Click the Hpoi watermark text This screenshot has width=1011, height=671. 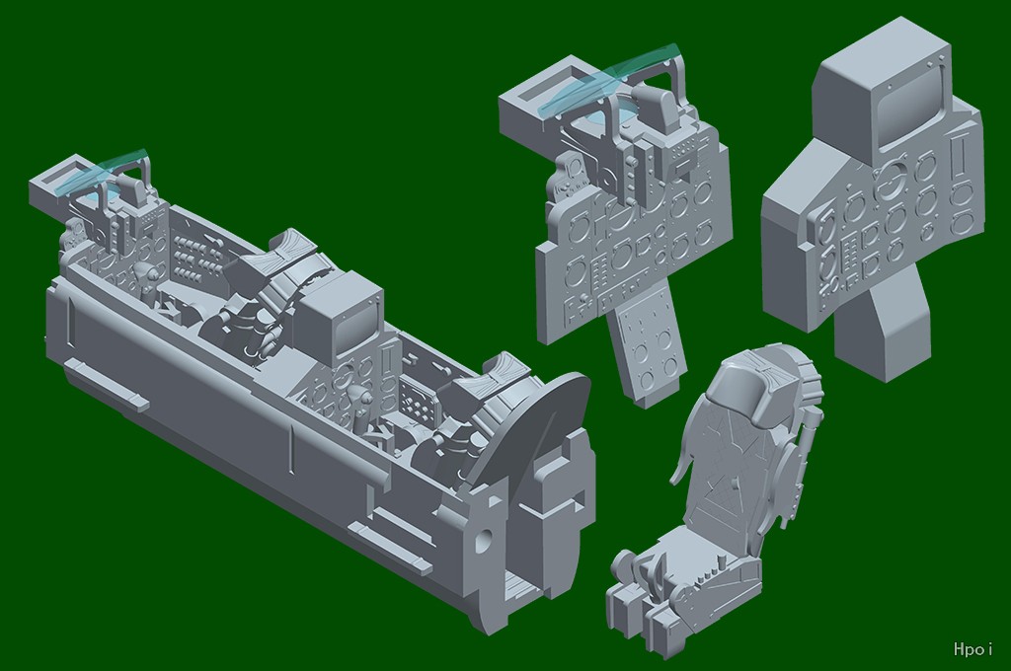click(x=972, y=648)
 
